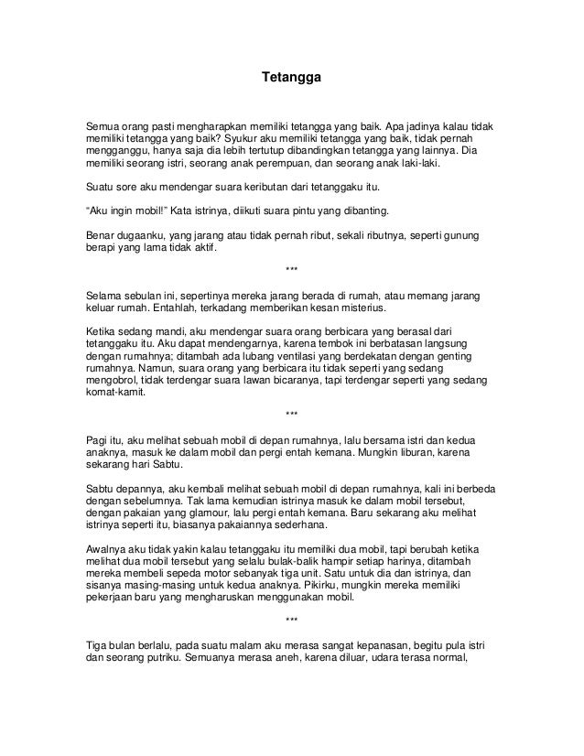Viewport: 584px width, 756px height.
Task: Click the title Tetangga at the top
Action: pos(291,80)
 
